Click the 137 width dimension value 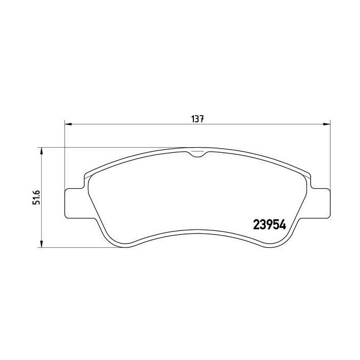199,118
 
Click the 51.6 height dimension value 37,197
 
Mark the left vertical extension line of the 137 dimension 65,154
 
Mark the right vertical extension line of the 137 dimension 328,154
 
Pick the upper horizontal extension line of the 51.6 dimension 103,148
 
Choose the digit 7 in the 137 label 203,118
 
